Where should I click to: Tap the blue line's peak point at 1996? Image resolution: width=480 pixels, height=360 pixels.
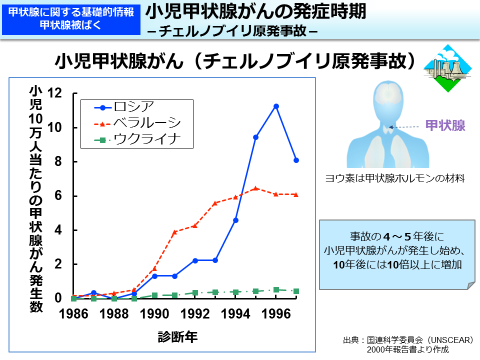tap(276, 106)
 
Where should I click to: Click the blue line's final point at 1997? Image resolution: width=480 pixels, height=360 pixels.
tap(296, 160)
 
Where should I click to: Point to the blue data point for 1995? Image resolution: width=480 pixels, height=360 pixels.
tap(255, 137)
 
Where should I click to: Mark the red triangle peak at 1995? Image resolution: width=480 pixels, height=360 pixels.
tap(255, 188)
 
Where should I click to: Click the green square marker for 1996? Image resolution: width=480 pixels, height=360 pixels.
tap(276, 289)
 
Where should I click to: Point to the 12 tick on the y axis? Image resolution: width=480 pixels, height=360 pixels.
tap(54, 93)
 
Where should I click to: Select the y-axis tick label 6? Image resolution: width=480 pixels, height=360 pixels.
tap(58, 195)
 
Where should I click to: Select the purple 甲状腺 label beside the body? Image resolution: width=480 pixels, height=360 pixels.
tap(445, 125)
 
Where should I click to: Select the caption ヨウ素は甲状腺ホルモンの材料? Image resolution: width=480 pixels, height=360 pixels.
tap(395, 178)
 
